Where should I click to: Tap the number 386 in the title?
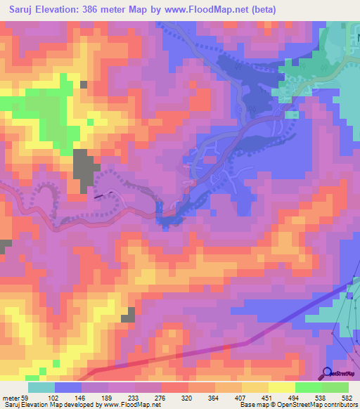pyautogui.click(x=103, y=10)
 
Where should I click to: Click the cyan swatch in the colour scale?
pyautogui.click(x=41, y=387)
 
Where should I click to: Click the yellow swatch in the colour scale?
pyautogui.click(x=281, y=387)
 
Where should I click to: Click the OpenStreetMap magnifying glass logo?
pyautogui.click(x=327, y=372)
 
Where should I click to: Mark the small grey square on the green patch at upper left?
pyautogui.click(x=84, y=84)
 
